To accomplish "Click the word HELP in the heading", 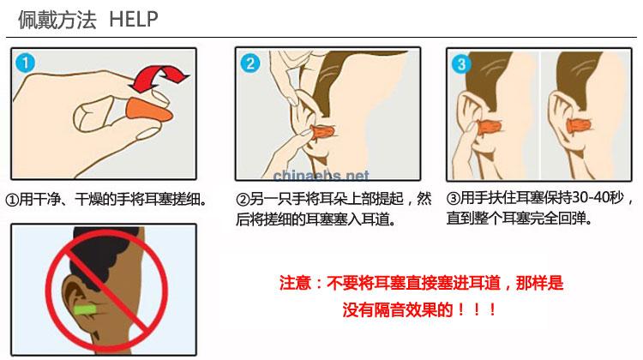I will [x=134, y=19].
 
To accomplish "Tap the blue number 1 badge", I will [x=26, y=63].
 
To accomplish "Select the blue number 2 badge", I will [x=249, y=63].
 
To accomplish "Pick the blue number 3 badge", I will [x=462, y=63].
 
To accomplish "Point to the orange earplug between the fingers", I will [x=144, y=111].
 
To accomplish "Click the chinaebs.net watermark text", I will [x=321, y=176].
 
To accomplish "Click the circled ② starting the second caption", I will [x=243, y=200].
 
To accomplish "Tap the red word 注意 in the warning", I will [x=294, y=282].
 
